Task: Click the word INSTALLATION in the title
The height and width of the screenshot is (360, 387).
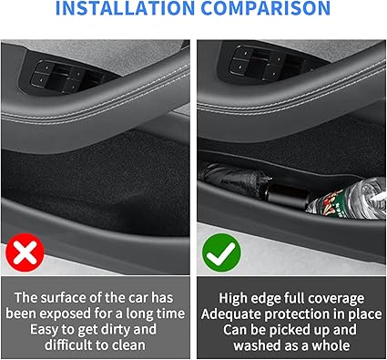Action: [125, 7]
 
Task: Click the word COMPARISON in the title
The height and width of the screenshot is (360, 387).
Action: [266, 7]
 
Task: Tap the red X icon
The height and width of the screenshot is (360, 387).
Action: [25, 252]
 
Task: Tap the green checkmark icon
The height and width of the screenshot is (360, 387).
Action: [221, 252]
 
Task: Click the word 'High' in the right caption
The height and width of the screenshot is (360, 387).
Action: [230, 298]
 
